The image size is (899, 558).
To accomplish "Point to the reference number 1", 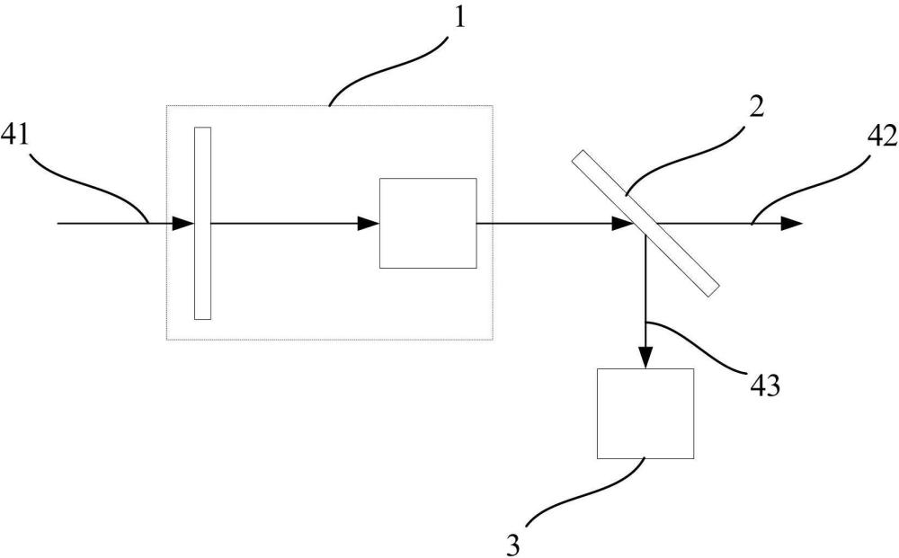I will pos(459,16).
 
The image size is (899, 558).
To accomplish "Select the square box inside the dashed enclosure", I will pos(428,224).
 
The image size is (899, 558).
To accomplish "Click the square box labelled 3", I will pos(645,413).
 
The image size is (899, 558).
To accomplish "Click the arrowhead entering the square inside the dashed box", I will pos(369,224).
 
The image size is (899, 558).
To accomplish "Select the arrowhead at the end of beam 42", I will pos(791,224).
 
